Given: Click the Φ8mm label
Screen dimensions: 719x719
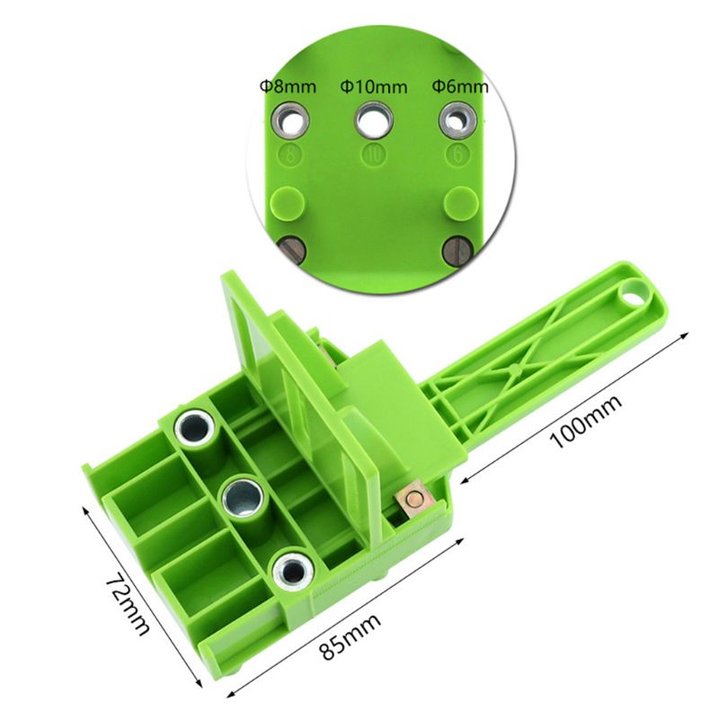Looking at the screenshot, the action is [x=288, y=85].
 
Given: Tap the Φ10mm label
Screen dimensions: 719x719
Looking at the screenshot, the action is [x=374, y=86].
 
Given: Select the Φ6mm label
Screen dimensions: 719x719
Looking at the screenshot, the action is [x=460, y=85].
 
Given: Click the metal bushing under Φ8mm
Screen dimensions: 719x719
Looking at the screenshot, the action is [x=289, y=120].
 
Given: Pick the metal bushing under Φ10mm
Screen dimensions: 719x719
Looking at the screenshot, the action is [x=374, y=120].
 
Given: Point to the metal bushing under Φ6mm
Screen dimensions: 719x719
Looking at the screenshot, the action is [x=457, y=120].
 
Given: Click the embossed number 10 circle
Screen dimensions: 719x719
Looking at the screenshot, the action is [x=374, y=155].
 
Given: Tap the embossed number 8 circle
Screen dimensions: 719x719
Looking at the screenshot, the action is [x=290, y=155].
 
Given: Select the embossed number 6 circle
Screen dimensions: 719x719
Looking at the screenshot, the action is [x=458, y=155].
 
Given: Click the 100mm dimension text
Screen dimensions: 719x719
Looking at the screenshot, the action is [x=587, y=420].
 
